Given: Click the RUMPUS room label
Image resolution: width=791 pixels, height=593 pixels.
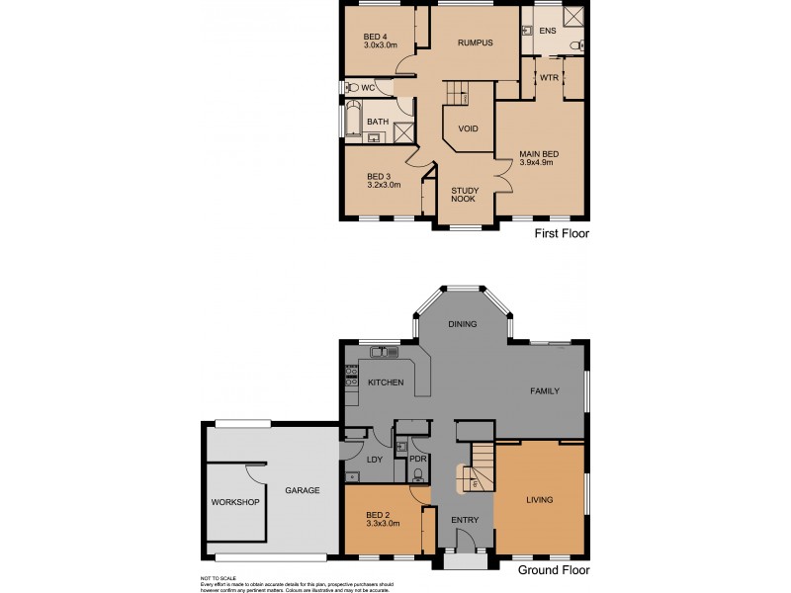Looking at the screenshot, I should tap(475, 43).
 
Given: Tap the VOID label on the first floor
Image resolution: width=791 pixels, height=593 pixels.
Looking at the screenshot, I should tap(468, 128).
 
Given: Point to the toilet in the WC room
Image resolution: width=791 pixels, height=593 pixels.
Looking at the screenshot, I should tap(350, 88).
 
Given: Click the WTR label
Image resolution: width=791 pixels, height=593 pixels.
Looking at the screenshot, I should tap(549, 76).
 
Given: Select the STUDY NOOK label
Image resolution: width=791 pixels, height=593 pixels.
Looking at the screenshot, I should tap(464, 194).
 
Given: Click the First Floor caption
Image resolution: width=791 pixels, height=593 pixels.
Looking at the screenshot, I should tap(561, 234).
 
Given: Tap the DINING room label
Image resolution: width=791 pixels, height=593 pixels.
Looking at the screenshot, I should tap(462, 324).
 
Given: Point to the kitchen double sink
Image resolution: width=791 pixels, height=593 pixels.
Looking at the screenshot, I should tap(384, 351).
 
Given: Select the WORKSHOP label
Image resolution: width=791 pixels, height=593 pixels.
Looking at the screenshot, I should tap(234, 502).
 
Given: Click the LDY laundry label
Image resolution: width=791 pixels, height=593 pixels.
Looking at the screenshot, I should tap(375, 459).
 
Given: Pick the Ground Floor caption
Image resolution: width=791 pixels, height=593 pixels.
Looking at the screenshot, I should tap(554, 569).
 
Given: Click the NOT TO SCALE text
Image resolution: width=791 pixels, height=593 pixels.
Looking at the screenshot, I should tap(218, 577).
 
